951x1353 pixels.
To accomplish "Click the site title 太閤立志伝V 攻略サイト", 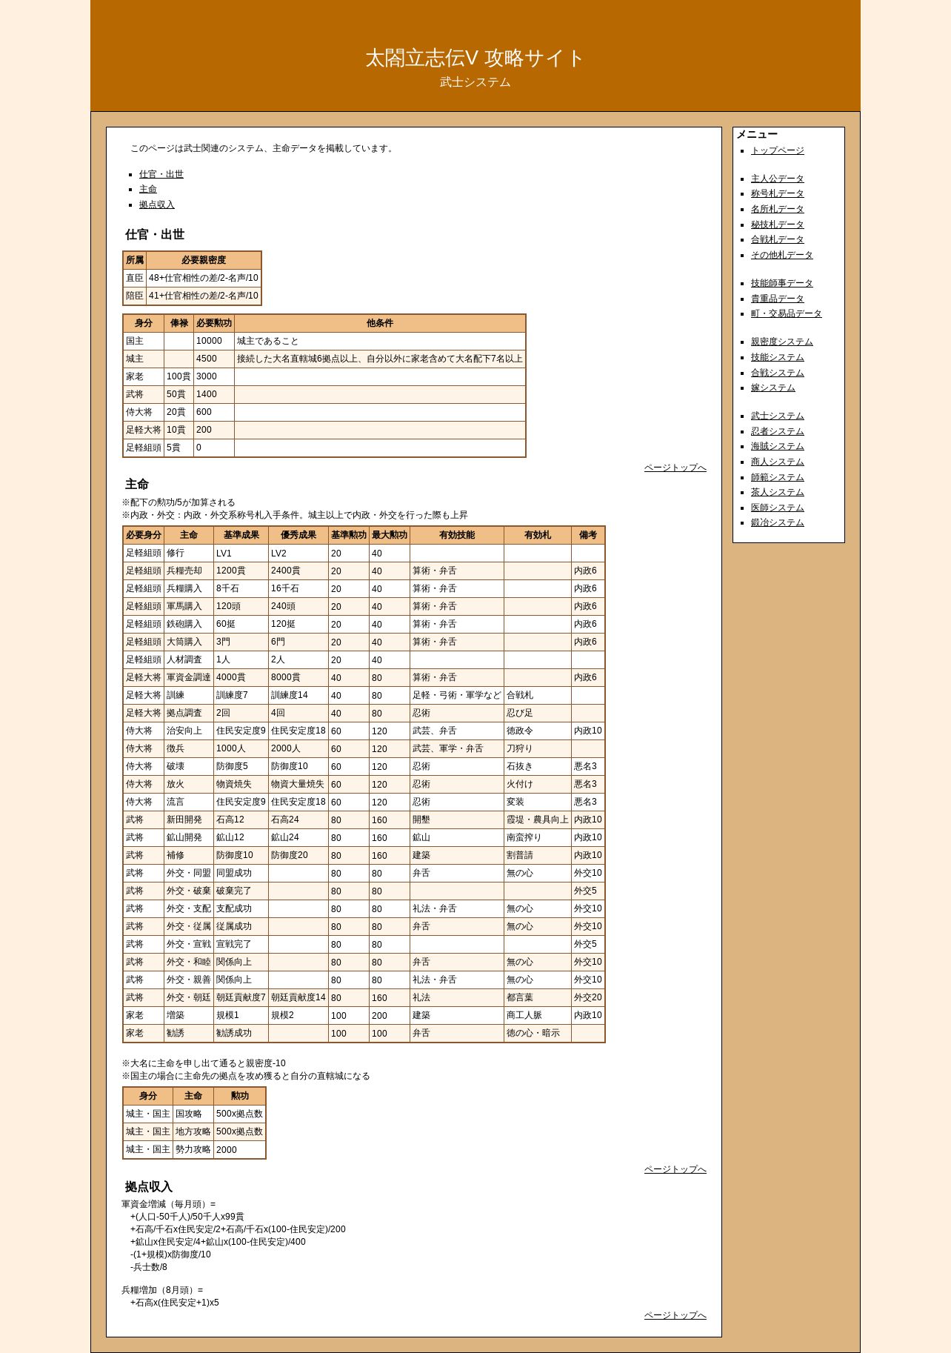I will [x=475, y=58].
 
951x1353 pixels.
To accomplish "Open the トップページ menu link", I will [x=777, y=150].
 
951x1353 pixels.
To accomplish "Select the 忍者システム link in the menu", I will [x=777, y=431].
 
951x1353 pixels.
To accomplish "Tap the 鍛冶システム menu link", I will [x=777, y=522].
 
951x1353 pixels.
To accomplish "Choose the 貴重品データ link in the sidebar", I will [x=777, y=299].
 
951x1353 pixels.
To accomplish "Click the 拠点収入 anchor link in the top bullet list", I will [x=156, y=205].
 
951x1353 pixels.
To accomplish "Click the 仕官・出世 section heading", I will [x=154, y=234].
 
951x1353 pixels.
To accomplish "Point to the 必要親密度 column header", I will [x=203, y=260].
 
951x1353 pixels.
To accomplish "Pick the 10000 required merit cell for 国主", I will [x=209, y=341].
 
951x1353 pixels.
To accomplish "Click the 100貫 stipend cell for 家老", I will [x=178, y=376].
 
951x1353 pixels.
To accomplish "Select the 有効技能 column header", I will [x=456, y=535].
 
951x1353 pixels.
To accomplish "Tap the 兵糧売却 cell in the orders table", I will [x=184, y=571].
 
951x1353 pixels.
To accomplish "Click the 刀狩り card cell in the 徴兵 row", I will [x=519, y=748].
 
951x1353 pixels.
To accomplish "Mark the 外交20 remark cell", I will [x=587, y=997].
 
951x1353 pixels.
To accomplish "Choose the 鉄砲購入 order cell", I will [x=184, y=624].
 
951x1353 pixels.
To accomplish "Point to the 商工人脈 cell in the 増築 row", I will [x=524, y=1015].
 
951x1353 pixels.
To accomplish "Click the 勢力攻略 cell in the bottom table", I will [x=193, y=1149].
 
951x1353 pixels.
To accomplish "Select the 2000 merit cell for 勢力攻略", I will [x=227, y=1149].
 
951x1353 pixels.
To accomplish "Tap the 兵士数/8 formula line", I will [x=149, y=1267].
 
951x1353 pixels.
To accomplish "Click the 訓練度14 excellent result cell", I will [x=289, y=695].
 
